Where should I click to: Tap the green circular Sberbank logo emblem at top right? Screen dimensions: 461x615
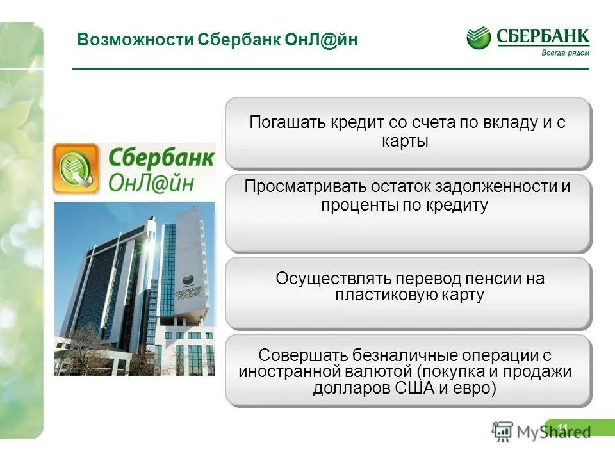coord(478,38)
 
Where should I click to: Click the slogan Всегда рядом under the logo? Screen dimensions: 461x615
coord(565,53)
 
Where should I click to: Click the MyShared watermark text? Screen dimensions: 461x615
coord(553,432)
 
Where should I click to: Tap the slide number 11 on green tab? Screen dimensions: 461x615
coord(563,427)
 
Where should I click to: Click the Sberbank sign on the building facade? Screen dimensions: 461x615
coord(188,292)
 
